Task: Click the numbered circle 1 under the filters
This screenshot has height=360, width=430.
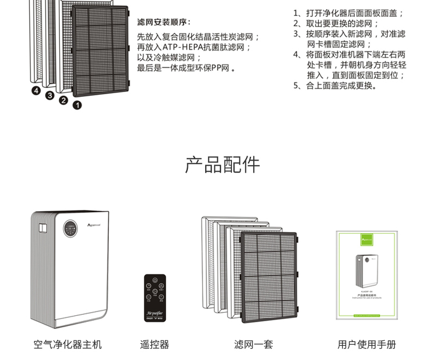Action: point(77,105)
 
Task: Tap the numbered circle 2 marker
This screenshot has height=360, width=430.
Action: point(63,100)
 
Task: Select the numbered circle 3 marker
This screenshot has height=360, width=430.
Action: point(50,95)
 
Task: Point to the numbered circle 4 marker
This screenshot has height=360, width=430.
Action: point(36,90)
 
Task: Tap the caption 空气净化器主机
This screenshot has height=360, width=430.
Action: point(67,345)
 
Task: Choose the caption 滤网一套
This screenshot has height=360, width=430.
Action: point(253,345)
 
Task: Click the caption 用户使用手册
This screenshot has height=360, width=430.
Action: point(366,345)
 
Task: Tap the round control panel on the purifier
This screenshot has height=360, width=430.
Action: point(69,229)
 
